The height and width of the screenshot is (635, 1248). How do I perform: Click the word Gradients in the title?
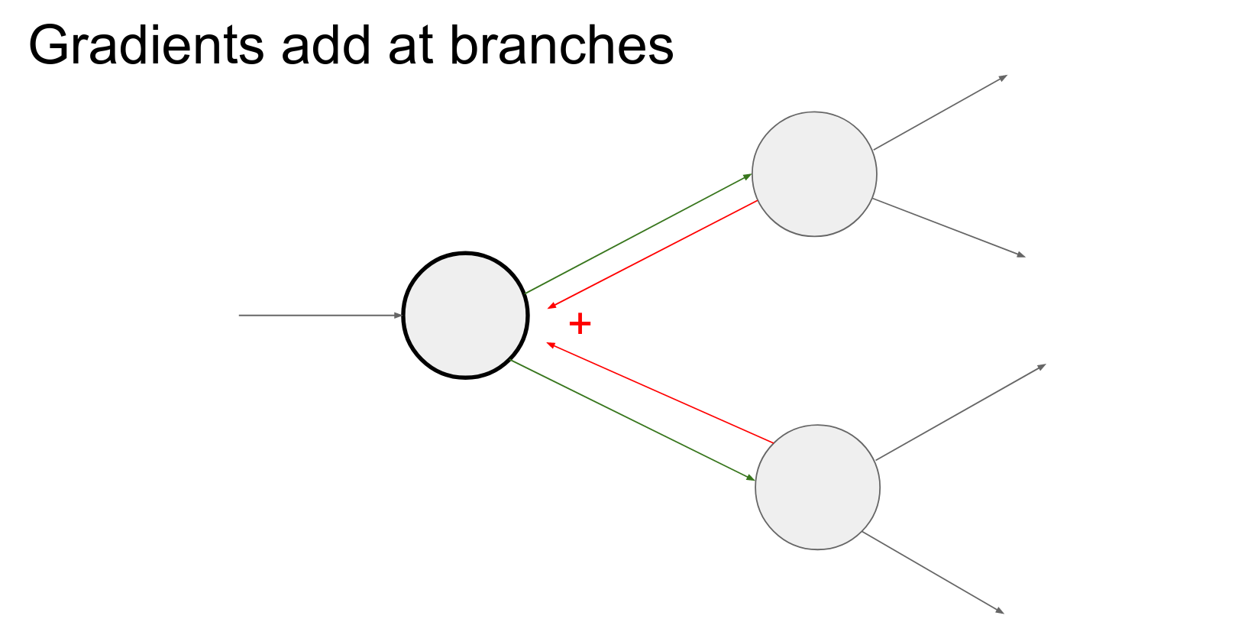(x=145, y=46)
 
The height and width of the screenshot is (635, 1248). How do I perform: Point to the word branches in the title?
(x=561, y=46)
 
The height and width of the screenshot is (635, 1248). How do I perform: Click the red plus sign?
(x=580, y=324)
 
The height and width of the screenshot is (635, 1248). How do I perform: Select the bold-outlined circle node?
(x=465, y=315)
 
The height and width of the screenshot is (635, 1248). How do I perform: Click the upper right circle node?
(x=814, y=174)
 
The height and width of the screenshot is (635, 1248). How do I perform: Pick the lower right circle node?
(x=817, y=487)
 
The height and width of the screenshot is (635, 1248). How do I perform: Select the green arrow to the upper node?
(x=639, y=234)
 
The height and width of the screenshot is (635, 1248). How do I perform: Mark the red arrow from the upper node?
(x=653, y=254)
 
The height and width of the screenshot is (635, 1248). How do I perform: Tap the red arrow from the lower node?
(x=660, y=393)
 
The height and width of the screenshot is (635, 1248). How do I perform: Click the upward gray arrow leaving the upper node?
(x=940, y=112)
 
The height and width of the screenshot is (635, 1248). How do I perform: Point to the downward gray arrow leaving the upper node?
(x=948, y=228)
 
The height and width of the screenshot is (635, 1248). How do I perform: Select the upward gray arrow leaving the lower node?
(x=960, y=413)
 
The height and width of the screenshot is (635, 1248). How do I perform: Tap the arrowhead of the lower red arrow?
(x=549, y=345)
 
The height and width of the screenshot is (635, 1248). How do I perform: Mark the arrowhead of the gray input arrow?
(x=398, y=315)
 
